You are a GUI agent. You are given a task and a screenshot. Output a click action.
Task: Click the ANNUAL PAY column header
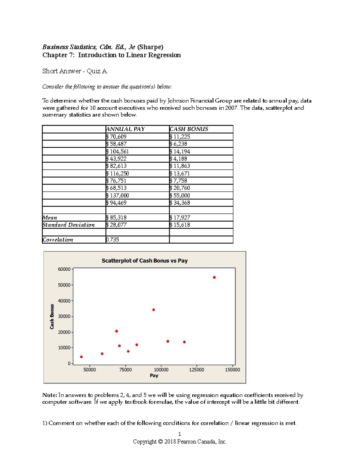pos(125,129)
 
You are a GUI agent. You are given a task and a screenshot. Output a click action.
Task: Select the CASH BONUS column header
pos(189,129)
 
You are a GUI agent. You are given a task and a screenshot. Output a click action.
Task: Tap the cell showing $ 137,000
pos(118,195)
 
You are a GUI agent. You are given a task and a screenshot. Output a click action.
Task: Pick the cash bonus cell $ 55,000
pos(180,195)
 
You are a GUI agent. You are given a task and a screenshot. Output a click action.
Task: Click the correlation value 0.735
pos(112,239)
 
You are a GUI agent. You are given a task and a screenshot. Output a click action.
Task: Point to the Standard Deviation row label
pos(68,225)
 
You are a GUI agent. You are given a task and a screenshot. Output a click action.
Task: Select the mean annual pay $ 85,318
pos(116,218)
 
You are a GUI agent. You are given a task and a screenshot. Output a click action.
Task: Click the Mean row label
pos(50,218)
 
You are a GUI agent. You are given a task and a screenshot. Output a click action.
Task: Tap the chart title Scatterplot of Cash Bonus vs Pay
pos(145,260)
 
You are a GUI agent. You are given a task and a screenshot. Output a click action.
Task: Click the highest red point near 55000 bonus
pos(214,277)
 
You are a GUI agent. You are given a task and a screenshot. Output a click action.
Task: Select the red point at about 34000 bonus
pos(154,310)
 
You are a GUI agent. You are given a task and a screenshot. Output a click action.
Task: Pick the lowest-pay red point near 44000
pos(81,357)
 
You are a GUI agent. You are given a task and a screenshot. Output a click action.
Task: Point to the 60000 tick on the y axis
pos(64,269)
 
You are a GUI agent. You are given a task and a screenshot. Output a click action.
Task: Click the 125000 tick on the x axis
pos(196,370)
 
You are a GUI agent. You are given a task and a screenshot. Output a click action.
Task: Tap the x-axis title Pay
pos(154,376)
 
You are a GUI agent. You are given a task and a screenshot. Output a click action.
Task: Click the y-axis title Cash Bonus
pos(52,317)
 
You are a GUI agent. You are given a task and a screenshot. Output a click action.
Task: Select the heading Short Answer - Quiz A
pos(75,71)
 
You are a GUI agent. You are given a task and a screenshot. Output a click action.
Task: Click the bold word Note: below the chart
pos(49,395)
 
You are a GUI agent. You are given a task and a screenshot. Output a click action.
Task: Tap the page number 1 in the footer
pos(180,434)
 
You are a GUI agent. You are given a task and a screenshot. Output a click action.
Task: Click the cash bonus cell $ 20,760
pos(180,188)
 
